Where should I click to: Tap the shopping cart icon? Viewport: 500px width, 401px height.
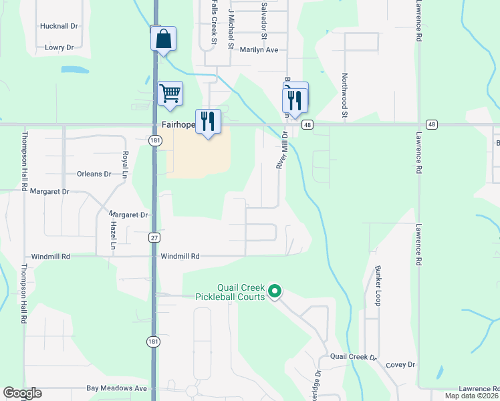coord(170,94)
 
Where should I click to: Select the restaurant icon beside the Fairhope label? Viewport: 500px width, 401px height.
coord(208,121)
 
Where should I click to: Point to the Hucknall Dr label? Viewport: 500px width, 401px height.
coord(59,25)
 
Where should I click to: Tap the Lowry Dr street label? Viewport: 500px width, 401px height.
coord(59,47)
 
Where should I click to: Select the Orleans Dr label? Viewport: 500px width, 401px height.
coord(94,174)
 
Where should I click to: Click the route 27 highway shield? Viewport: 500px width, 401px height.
coord(154,237)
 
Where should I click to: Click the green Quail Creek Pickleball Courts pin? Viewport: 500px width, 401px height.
coord(274,291)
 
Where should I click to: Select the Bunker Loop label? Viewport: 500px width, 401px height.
coord(378,286)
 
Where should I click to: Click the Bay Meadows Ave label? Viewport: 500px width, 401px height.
coord(116,388)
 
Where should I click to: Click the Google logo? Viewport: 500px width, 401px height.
coord(22,393)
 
